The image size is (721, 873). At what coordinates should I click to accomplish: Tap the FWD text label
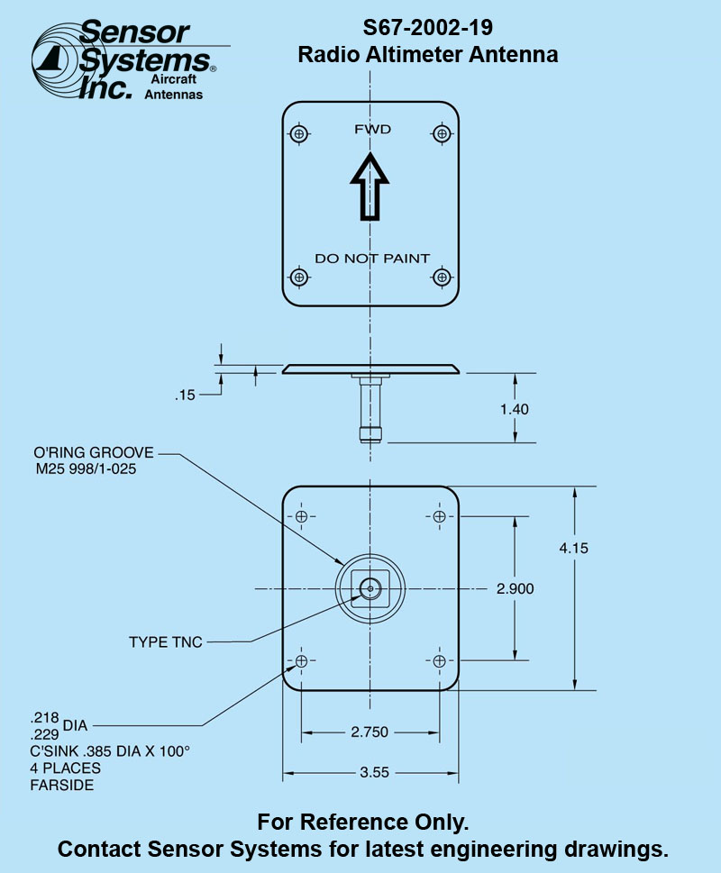click(x=372, y=130)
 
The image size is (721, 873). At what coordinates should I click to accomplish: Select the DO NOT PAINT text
click(x=371, y=259)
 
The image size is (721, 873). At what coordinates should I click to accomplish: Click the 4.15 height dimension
click(x=573, y=548)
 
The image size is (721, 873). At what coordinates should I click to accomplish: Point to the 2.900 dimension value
click(x=515, y=589)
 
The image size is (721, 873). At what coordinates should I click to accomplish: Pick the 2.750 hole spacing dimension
click(x=370, y=732)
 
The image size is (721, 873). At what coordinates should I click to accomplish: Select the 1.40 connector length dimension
click(x=515, y=408)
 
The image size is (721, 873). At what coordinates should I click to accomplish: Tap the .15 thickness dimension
click(x=186, y=395)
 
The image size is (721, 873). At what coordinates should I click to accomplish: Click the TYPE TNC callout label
click(x=165, y=642)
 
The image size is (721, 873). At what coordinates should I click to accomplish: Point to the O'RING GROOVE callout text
click(x=93, y=452)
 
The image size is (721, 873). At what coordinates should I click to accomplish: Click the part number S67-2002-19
click(x=427, y=27)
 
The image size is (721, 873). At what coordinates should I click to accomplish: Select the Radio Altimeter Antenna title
click(x=427, y=55)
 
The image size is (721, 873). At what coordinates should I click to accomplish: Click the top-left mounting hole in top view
click(x=300, y=133)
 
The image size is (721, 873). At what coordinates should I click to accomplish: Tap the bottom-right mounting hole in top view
click(x=441, y=277)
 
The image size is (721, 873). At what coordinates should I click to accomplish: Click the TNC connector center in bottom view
click(x=370, y=589)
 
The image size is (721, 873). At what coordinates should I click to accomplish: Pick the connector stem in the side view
click(x=370, y=410)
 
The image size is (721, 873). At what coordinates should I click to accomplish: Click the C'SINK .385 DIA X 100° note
click(x=110, y=752)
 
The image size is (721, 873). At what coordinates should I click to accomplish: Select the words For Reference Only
click(x=363, y=823)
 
